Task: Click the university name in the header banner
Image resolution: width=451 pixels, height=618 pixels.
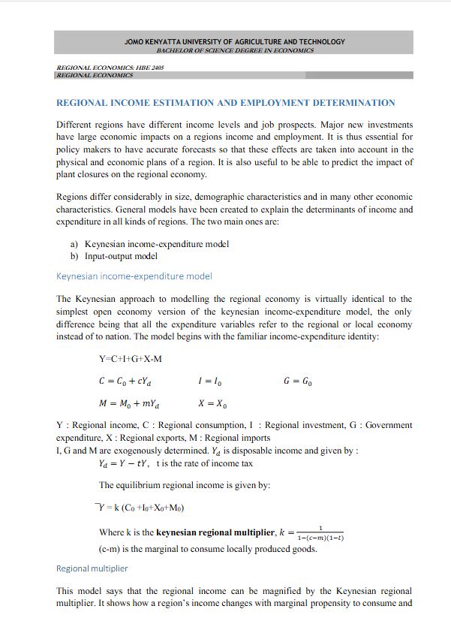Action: tap(235, 42)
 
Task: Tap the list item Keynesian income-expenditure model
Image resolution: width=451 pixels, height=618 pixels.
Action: tap(157, 244)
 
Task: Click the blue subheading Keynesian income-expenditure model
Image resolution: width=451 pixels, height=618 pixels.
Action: tap(134, 276)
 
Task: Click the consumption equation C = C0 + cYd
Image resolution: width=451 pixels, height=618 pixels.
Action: tap(129, 381)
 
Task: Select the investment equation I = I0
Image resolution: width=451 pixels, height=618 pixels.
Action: tap(209, 381)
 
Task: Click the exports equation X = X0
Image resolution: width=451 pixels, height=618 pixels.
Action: tap(212, 404)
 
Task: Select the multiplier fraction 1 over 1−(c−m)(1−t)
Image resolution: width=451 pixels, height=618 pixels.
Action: tap(320, 533)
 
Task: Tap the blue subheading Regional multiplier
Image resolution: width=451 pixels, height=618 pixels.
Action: tap(92, 568)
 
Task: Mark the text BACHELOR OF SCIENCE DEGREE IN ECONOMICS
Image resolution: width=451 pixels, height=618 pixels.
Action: tap(235, 50)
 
